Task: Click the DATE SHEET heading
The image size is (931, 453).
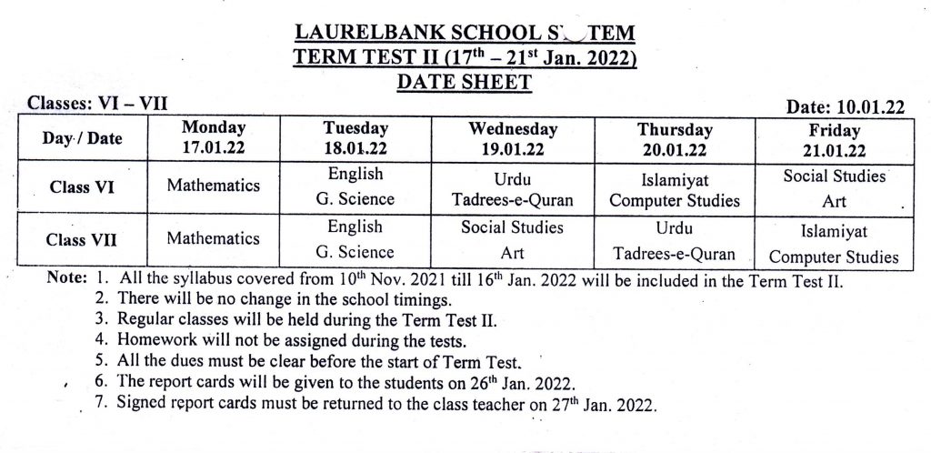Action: pyautogui.click(x=465, y=83)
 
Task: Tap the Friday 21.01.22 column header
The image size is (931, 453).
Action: pyautogui.click(x=834, y=139)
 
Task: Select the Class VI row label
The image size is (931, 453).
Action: pyautogui.click(x=81, y=186)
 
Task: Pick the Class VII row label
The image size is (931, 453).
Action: pyautogui.click(x=81, y=240)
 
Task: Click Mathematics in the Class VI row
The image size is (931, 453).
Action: pyautogui.click(x=214, y=186)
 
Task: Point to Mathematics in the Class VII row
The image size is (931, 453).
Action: pyautogui.click(x=214, y=238)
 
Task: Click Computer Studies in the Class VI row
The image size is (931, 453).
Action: pyautogui.click(x=675, y=200)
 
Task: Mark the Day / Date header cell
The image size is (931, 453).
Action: pyautogui.click(x=81, y=139)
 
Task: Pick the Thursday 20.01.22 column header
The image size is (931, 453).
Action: pyautogui.click(x=675, y=139)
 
